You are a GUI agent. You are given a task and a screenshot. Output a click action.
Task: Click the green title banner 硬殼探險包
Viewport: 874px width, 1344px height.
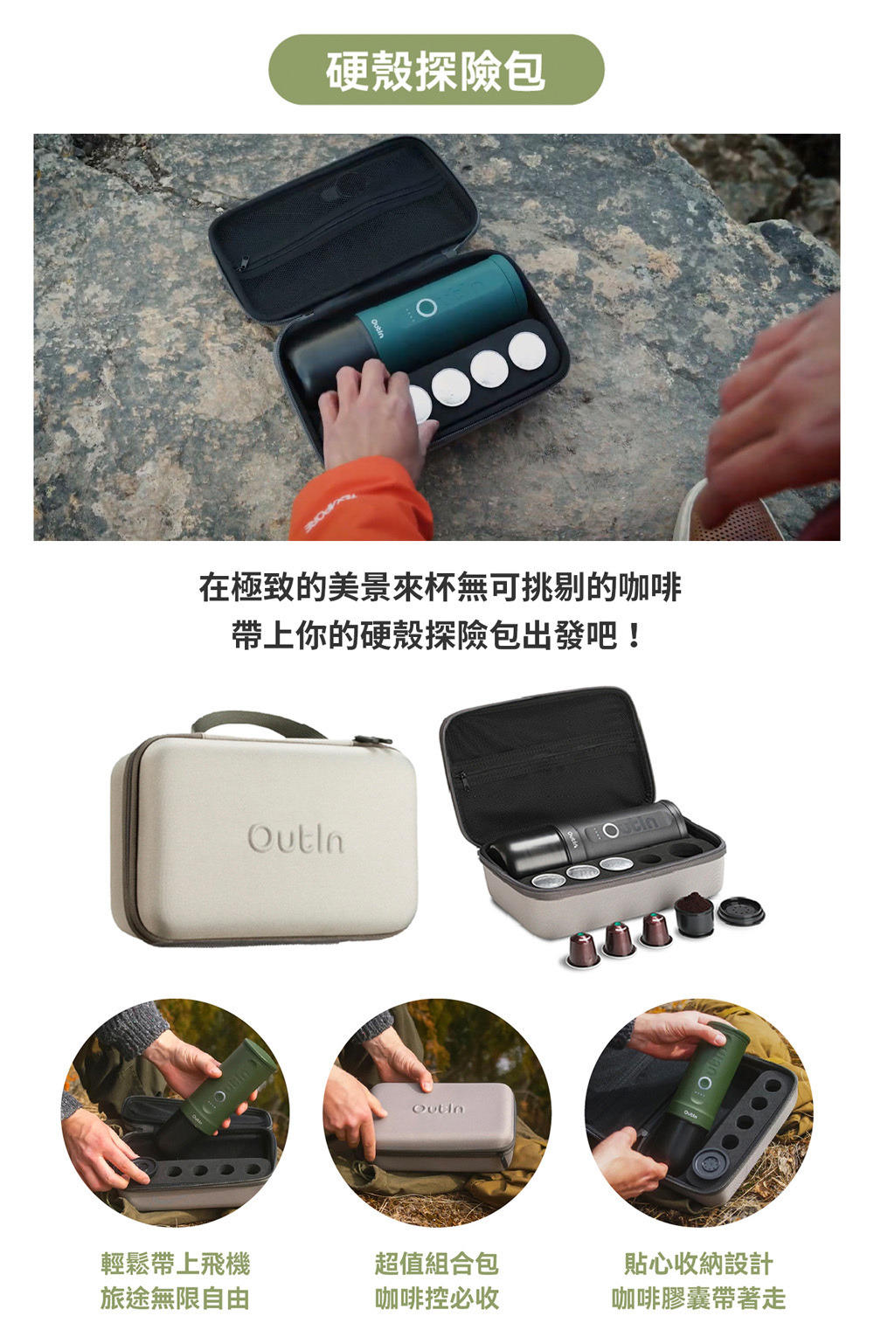pos(436,70)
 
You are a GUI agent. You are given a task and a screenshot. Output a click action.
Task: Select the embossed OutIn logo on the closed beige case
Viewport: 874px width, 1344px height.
pos(295,838)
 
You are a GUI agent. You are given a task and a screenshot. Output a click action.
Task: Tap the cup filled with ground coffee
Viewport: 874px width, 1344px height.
pos(695,915)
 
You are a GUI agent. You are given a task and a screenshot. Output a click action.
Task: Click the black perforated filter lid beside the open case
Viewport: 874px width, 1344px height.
pos(742,911)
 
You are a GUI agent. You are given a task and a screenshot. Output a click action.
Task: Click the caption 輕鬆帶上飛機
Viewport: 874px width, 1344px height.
pos(175,1264)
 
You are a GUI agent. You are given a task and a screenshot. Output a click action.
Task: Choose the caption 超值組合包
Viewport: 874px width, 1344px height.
pos(436,1264)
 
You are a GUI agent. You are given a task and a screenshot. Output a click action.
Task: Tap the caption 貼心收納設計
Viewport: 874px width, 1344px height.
pos(698,1264)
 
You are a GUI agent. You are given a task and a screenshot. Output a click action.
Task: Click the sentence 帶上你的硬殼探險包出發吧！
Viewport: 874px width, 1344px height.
pos(438,635)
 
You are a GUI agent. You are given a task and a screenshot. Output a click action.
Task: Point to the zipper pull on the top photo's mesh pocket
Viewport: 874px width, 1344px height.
pos(244,262)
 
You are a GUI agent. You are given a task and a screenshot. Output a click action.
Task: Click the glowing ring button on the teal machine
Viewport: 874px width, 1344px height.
pos(427,307)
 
